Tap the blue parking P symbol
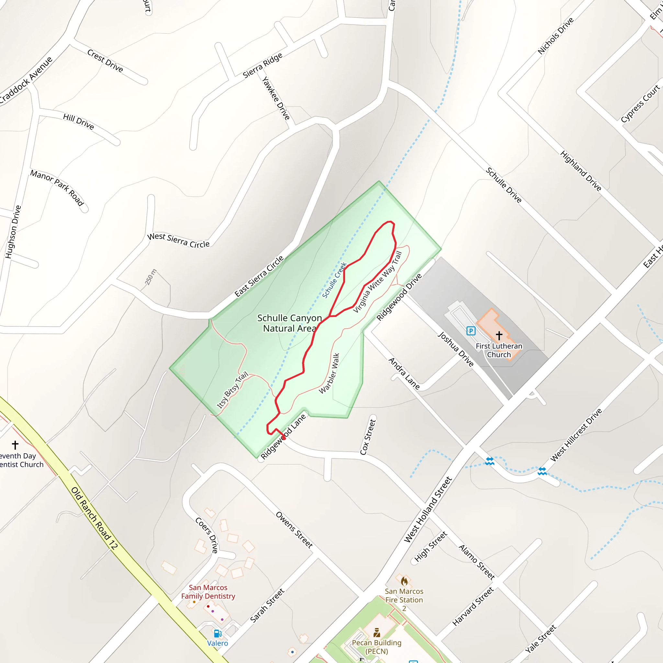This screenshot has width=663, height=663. pos(471,331)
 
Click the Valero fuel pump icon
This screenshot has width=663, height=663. pos(218,633)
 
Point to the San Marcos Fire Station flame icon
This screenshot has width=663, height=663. pos(404,581)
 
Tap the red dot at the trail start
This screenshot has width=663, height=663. pos(284,438)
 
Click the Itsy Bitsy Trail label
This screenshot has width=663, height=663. pos(232,390)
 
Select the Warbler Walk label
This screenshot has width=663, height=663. pos(329,373)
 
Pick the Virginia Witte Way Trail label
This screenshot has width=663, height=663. pos(377,282)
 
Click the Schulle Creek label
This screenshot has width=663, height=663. pos(334,280)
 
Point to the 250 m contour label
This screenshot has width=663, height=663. pos(150,277)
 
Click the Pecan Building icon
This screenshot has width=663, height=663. pos(377,632)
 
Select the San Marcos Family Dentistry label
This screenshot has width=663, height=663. pos(208,592)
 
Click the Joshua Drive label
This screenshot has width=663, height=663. pos(455,349)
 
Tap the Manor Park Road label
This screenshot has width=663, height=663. pos(57,188)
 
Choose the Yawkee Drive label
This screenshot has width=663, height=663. pos(276,98)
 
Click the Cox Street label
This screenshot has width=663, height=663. pos(368,436)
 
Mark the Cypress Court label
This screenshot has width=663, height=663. pos(640,103)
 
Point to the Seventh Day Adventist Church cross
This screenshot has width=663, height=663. pos(15,445)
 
